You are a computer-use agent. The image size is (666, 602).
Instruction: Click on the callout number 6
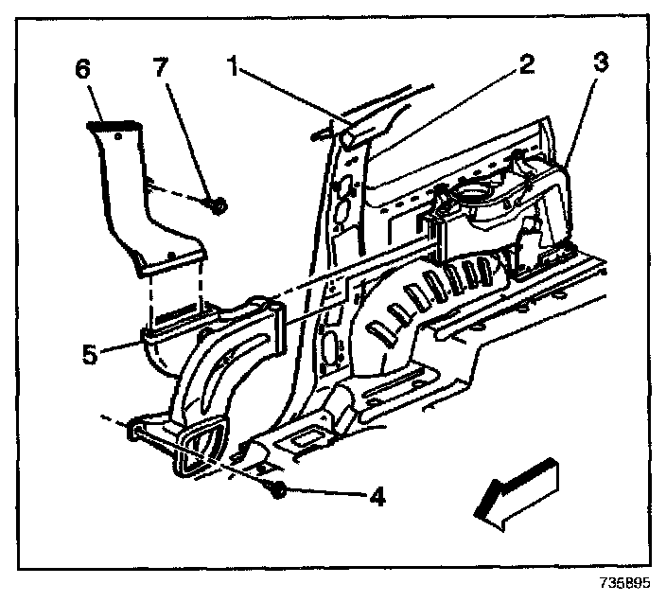point(83,69)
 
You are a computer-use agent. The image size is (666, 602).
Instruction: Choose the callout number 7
point(161,68)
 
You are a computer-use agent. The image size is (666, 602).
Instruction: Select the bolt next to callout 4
point(278,488)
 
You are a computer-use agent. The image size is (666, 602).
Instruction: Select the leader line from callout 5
point(121,343)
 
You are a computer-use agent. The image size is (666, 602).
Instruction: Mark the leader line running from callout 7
point(189,138)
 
